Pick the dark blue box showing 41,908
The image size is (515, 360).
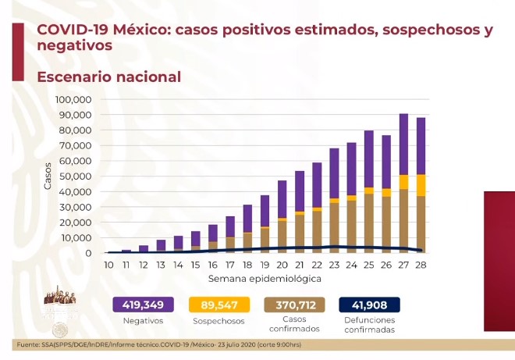(369, 305)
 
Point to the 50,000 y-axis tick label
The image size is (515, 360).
(77, 176)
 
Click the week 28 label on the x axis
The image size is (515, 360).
(421, 266)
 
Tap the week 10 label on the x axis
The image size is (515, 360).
(109, 266)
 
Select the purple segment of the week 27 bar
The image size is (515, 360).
(403, 144)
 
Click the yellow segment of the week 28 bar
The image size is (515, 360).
(421, 185)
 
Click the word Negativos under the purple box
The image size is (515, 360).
(143, 321)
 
